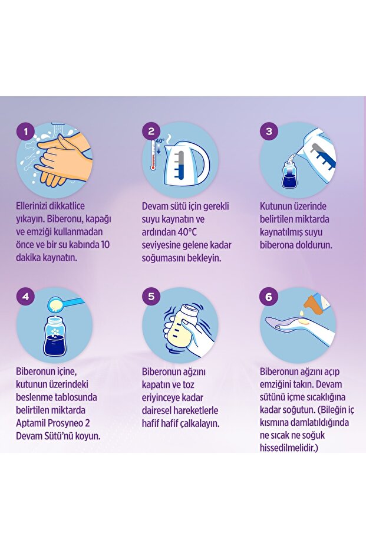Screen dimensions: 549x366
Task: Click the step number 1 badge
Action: click(25, 131)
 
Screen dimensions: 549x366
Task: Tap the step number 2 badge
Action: click(151, 131)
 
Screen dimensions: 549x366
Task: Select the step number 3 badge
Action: click(269, 131)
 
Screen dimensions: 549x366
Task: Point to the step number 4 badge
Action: click(25, 297)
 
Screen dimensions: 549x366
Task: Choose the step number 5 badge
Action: click(151, 297)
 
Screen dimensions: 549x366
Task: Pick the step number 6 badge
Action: click(269, 297)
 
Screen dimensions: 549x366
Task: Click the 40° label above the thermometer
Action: click(160, 141)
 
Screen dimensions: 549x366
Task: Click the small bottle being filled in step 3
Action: click(290, 175)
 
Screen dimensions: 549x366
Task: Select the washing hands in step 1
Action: click(59, 159)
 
